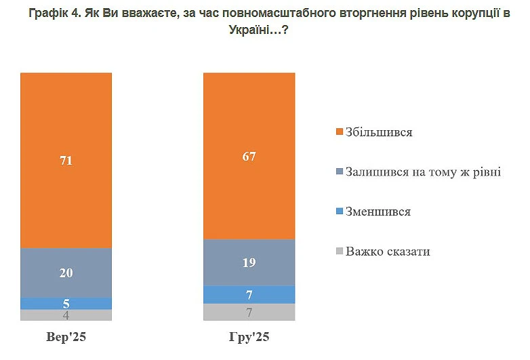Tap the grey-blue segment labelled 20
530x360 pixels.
(66, 273)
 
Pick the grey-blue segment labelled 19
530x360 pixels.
(249, 262)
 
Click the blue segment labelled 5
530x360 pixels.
(66, 304)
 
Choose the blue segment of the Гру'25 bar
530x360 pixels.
(249, 294)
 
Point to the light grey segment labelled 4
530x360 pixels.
(66, 315)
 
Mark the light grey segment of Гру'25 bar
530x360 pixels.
(249, 312)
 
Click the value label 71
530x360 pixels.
(66, 161)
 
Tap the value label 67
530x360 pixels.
(249, 156)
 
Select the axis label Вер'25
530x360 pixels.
(66, 337)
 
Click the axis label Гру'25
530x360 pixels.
(249, 337)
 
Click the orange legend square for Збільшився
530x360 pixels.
(340, 132)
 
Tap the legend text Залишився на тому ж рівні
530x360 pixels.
(423, 172)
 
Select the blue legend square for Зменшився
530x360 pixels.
(340, 212)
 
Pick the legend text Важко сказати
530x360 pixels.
(388, 252)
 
